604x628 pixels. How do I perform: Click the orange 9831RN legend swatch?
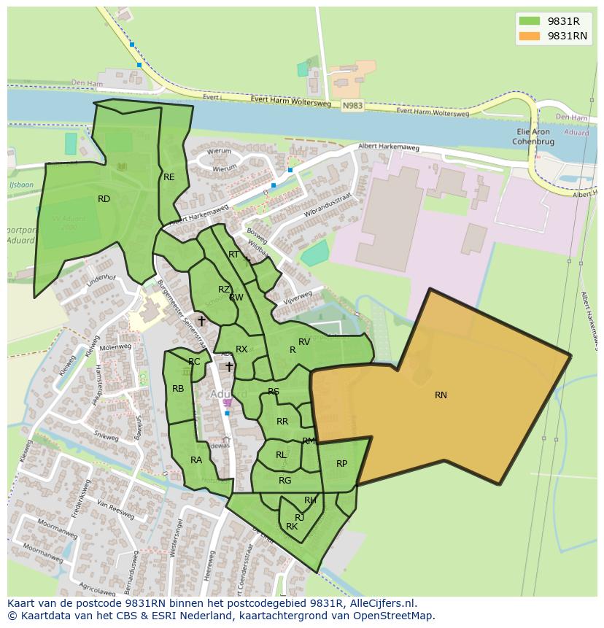[530, 36]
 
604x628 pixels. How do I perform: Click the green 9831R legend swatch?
[530, 21]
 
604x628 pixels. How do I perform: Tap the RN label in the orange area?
[441, 395]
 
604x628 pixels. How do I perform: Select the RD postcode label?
[104, 199]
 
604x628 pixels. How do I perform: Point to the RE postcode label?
[169, 177]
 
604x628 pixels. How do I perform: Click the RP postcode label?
[341, 464]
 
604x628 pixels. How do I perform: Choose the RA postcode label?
[196, 460]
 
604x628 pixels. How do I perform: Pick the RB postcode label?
[178, 389]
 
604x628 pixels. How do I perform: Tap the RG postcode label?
[284, 481]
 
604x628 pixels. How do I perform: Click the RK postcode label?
[292, 527]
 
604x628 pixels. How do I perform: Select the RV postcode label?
[304, 342]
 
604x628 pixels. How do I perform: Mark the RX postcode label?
[241, 350]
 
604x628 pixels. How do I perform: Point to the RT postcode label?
[233, 255]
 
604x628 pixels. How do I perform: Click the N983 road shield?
[352, 106]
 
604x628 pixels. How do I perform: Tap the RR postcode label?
[282, 422]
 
